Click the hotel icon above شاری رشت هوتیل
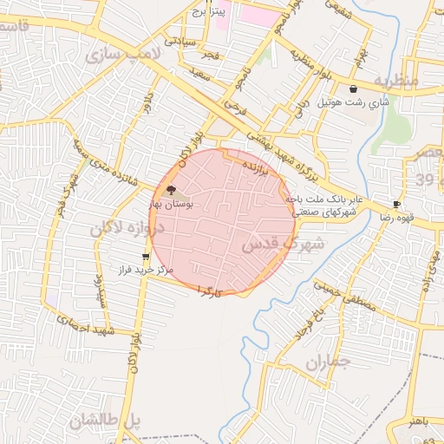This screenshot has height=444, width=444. (352, 89)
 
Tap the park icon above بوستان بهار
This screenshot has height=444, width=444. (171, 190)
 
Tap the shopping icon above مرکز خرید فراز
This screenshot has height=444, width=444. (145, 258)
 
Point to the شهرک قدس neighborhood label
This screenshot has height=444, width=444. (282, 245)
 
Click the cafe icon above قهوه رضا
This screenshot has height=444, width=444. (396, 205)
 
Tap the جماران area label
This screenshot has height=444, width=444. (327, 362)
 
